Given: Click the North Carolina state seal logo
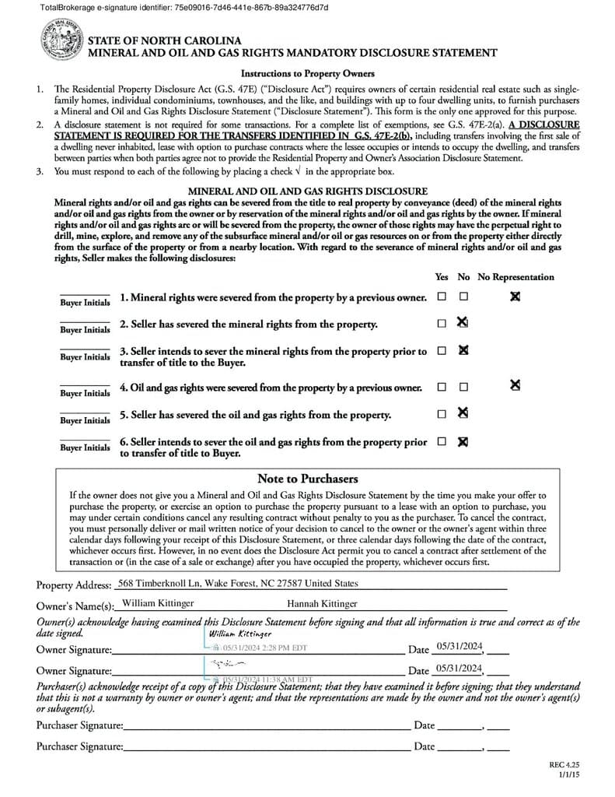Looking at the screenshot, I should coord(61,42).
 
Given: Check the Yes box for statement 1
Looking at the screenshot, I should coord(442,297).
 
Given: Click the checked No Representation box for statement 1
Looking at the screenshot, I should coord(515,297).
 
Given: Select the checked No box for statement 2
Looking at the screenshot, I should coord(463,322).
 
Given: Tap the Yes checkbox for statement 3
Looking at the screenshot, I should coord(442,350).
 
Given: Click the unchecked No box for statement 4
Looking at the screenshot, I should coord(463,386).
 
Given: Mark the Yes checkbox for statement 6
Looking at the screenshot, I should coord(442,441).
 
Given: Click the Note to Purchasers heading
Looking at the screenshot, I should coord(307,479).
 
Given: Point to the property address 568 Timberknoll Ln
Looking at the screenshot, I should coord(237,583).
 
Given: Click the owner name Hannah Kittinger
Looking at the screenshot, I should coord(322,603).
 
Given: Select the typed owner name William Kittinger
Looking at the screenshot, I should coord(159,603).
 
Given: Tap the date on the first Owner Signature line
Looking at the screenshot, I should coord(460,646).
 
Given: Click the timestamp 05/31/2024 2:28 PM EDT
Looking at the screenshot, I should coord(264,648).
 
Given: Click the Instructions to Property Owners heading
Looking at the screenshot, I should coord(307,73).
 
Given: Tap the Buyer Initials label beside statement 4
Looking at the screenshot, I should coord(85,393).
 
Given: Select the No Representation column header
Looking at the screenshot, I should coord(515,276).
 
